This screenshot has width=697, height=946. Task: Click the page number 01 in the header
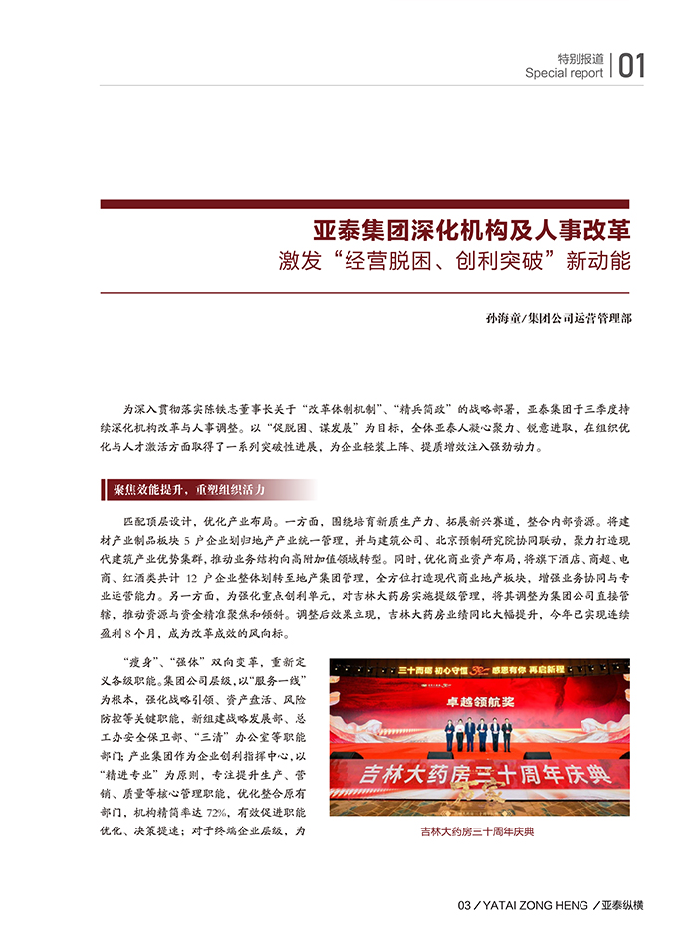click(x=632, y=66)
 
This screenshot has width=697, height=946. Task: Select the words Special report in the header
click(x=564, y=73)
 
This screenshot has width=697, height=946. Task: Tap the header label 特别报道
click(x=580, y=58)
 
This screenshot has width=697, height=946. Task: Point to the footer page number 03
click(x=463, y=905)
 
